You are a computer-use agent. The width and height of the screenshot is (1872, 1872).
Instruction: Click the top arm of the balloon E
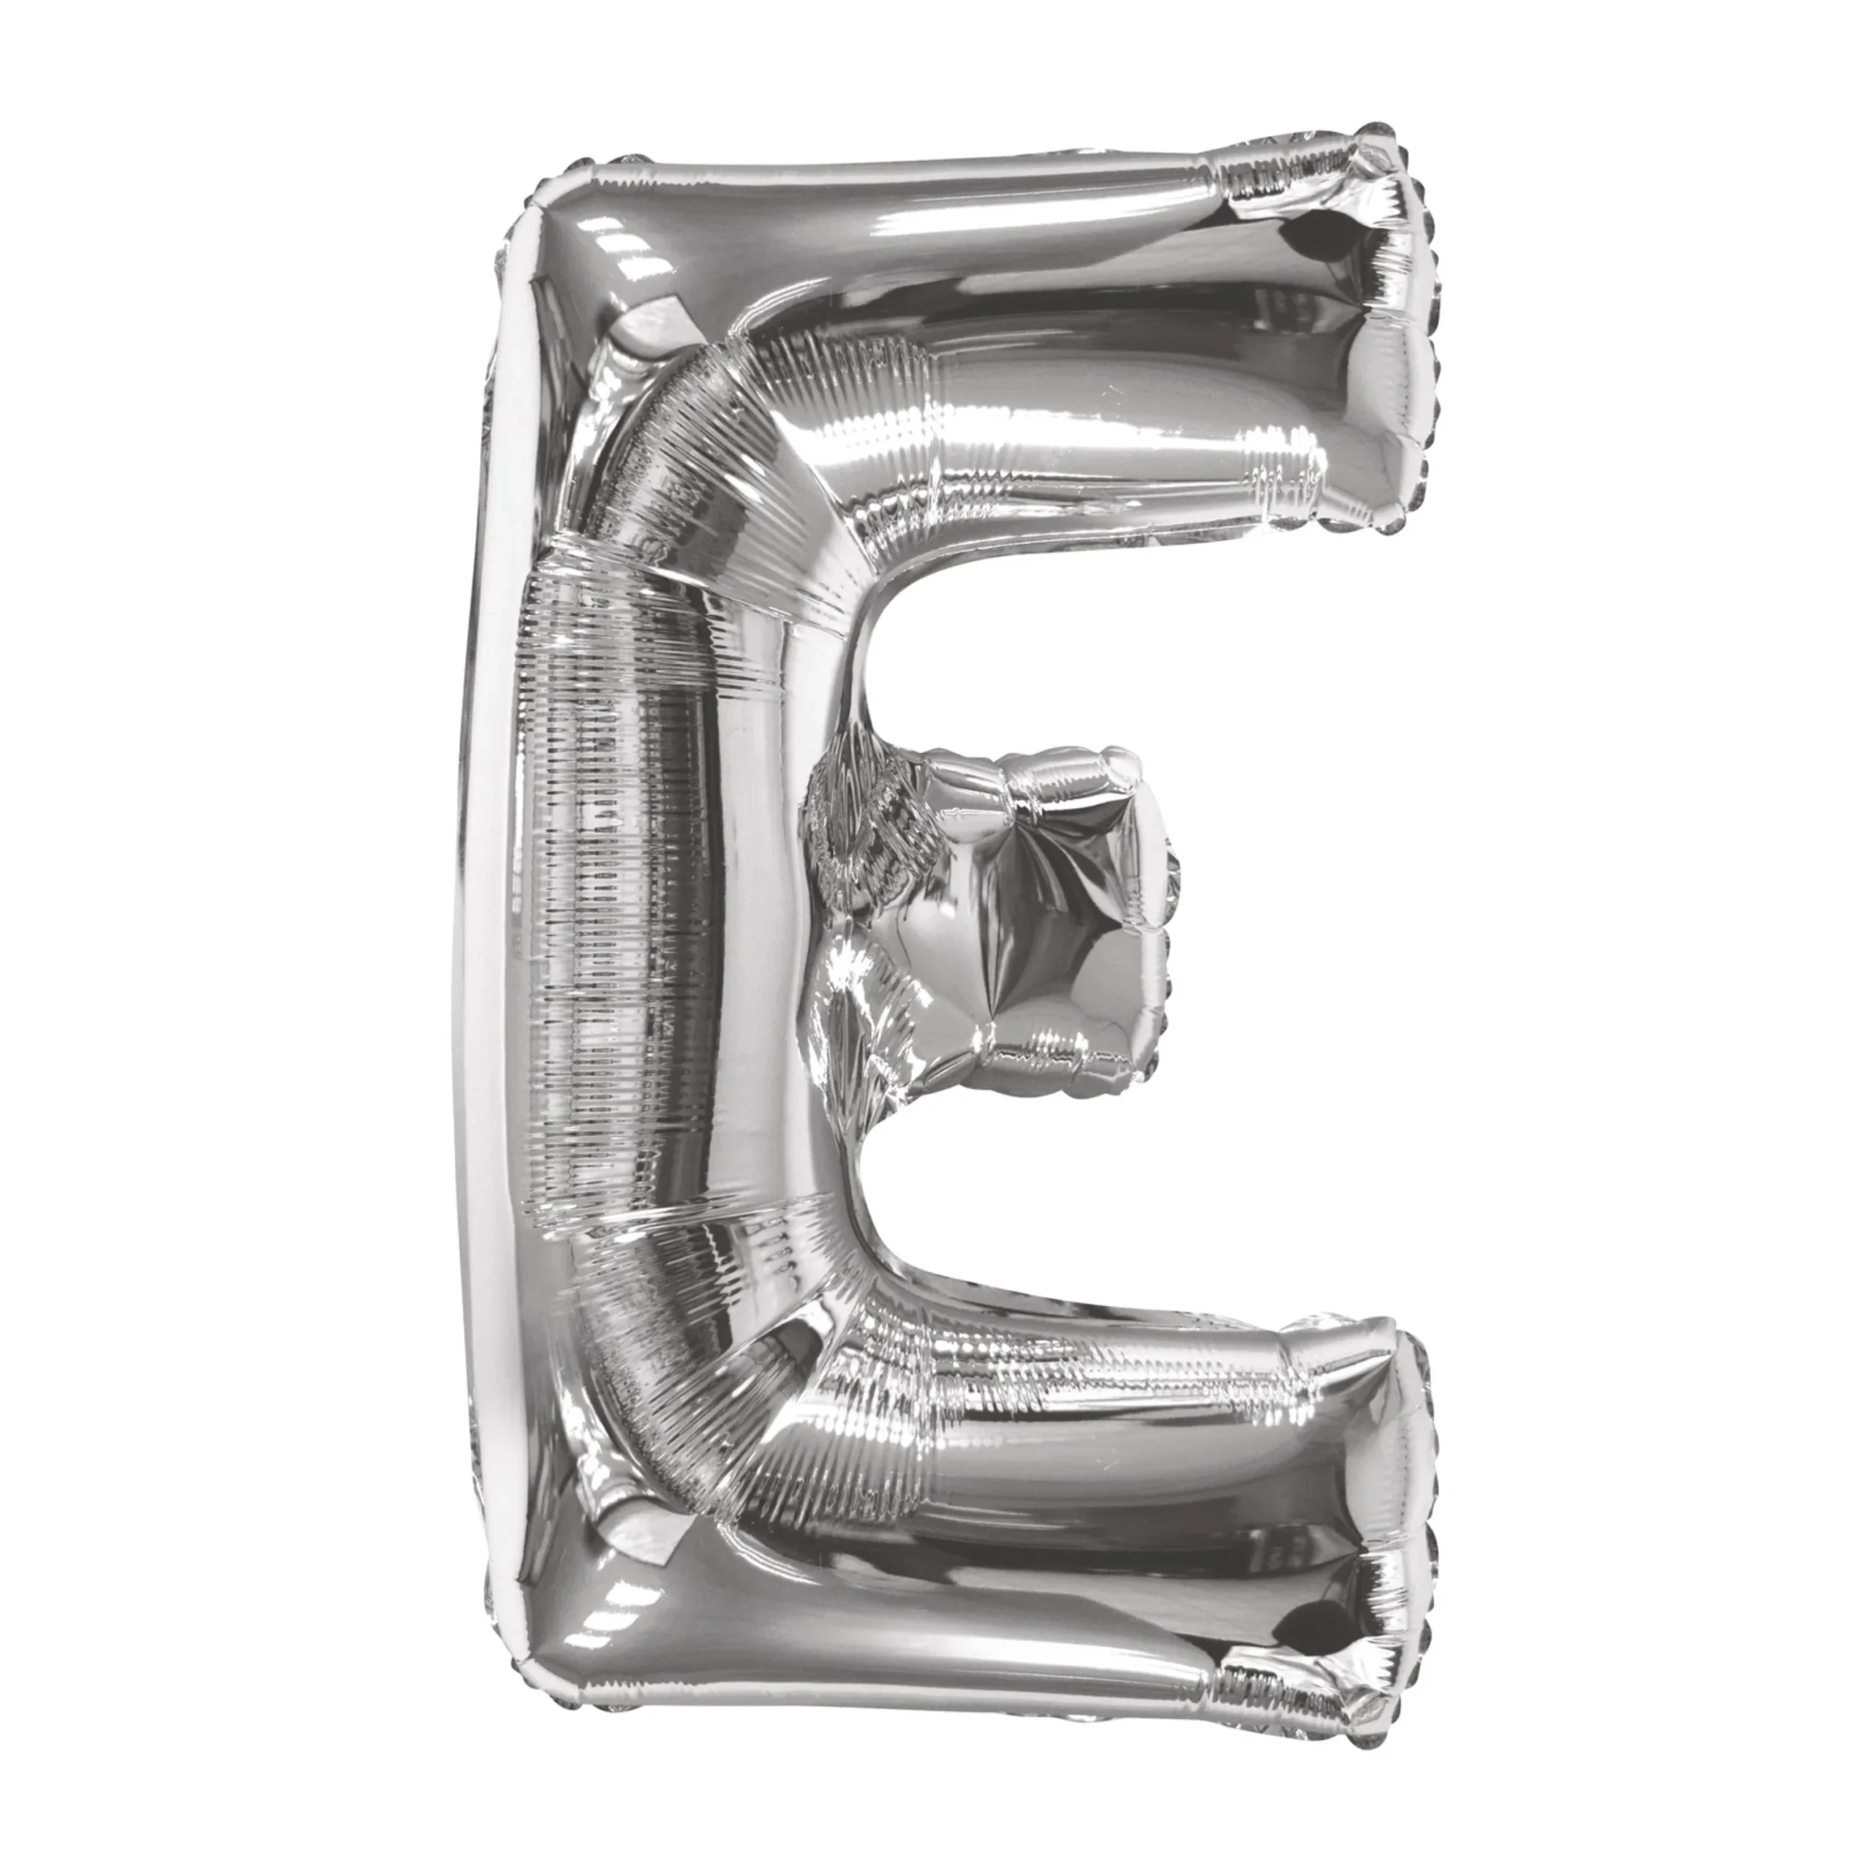[969, 349]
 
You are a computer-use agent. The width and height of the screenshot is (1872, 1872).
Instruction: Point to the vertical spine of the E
[640, 921]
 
